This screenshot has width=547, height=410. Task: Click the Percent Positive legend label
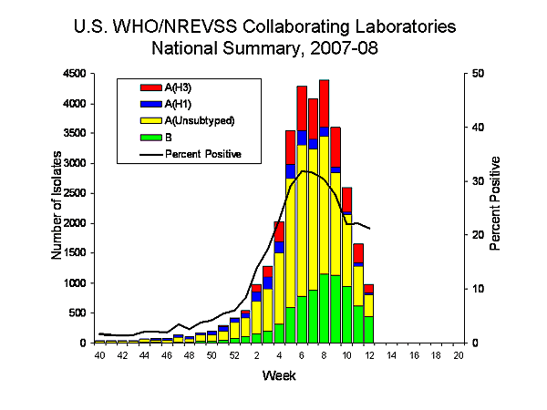click(202, 154)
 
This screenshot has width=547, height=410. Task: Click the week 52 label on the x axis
click(234, 355)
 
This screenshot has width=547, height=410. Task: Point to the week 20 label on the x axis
click(459, 355)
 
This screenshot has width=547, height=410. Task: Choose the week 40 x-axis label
click(99, 355)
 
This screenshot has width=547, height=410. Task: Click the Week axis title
click(279, 375)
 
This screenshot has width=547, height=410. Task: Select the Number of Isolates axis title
click(57, 208)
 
